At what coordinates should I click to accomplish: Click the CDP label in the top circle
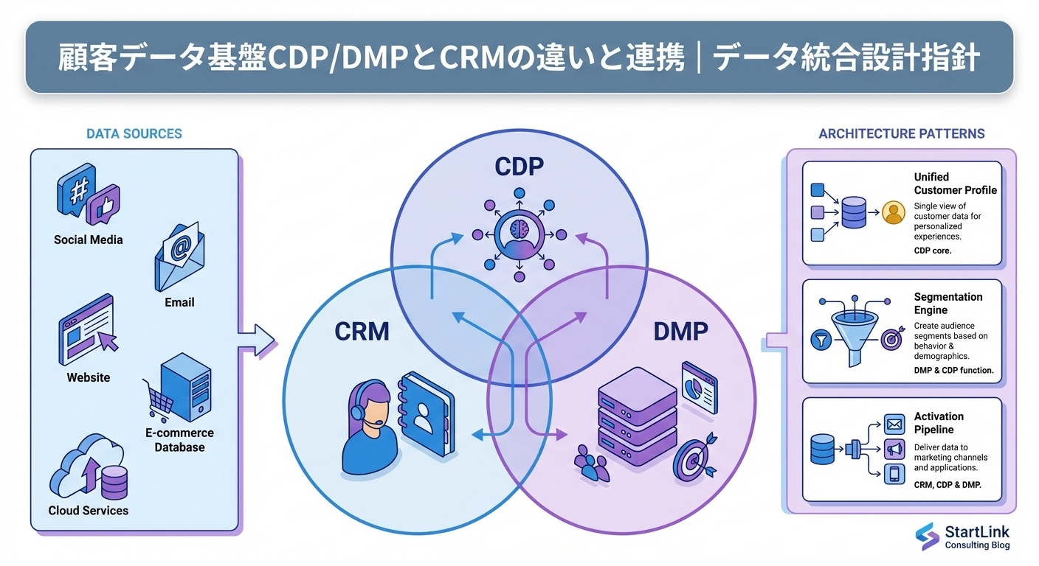point(519,167)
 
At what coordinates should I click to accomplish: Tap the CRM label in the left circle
point(362,332)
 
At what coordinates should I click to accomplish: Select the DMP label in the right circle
point(680,332)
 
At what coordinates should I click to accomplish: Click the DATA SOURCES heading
point(134,134)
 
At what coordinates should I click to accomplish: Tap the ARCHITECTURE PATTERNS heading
point(902,134)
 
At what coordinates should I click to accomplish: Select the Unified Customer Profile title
point(955,184)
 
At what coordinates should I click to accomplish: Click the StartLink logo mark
point(927,537)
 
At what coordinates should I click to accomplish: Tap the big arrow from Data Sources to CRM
point(256,340)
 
